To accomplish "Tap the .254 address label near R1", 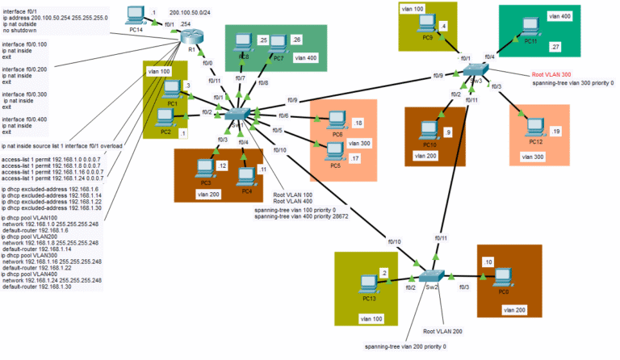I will (185, 24).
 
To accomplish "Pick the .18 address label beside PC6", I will (358, 122).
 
